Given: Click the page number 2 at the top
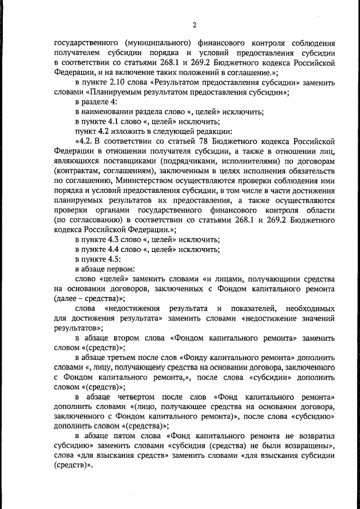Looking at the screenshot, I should click(x=193, y=24).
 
